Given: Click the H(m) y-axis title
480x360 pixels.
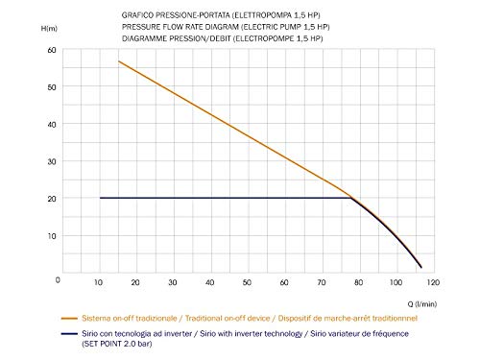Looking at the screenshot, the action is [49, 29].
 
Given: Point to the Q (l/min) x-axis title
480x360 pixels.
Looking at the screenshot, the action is [422, 304].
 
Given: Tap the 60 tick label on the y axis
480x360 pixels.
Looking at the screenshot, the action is [52, 50].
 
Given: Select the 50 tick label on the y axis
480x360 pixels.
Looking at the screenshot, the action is [52, 87].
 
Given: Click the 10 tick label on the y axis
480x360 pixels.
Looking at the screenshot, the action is [52, 236].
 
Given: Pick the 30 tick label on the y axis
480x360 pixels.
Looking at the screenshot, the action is [52, 161].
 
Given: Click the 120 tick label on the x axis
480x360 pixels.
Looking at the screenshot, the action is [433, 282].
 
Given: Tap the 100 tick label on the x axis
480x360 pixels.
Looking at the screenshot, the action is [396, 282].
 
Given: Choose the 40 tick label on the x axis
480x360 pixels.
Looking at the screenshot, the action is [209, 282].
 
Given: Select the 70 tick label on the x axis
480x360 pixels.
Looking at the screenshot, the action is [322, 282].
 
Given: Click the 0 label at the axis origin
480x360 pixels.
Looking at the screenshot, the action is [58, 280].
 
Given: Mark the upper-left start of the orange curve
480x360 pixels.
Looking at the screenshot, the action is [119, 61].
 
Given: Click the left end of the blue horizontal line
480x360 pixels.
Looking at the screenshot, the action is [100, 198].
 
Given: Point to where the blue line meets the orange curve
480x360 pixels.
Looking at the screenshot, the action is [351, 198].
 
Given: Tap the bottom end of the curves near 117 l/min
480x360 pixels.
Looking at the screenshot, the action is [421, 267].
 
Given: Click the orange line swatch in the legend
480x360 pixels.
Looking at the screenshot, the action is [69, 319].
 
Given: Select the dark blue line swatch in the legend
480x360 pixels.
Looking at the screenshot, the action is [69, 334].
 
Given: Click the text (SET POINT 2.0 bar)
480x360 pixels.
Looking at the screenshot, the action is [117, 344].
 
